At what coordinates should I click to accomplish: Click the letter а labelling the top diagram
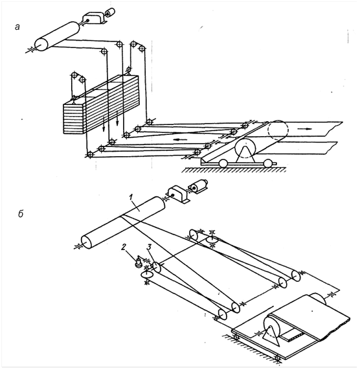[x=17, y=27]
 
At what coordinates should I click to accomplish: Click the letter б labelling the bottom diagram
[x=21, y=213]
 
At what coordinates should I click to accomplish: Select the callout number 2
[x=124, y=247]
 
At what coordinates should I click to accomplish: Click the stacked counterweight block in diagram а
[x=101, y=104]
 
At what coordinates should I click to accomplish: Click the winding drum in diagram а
[x=57, y=36]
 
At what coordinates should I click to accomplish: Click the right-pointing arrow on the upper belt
[x=304, y=128]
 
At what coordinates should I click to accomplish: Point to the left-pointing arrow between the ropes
[x=181, y=139]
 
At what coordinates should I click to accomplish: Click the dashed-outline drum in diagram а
[x=278, y=130]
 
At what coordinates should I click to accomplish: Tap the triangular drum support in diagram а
[x=245, y=155]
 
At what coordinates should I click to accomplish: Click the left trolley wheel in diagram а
[x=223, y=163]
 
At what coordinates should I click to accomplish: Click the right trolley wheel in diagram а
[x=267, y=163]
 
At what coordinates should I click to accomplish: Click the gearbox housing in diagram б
[x=178, y=193]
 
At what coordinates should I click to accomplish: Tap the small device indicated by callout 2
[x=139, y=262]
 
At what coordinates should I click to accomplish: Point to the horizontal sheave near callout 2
[x=146, y=274]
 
